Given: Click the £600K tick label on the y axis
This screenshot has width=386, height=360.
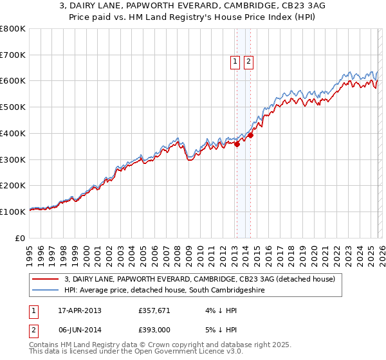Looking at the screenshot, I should (13, 81).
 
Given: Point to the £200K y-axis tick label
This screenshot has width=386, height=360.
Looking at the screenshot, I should (13, 185).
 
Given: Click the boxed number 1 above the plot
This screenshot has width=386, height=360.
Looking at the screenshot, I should (235, 62).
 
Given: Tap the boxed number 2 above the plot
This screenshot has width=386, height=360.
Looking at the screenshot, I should (248, 62).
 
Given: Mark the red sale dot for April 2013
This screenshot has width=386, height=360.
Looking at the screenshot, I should (237, 144).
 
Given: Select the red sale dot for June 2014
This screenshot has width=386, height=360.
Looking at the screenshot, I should (250, 135).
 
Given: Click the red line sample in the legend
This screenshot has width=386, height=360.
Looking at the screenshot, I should (46, 280).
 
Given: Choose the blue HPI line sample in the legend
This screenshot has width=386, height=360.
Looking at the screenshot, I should (46, 291).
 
